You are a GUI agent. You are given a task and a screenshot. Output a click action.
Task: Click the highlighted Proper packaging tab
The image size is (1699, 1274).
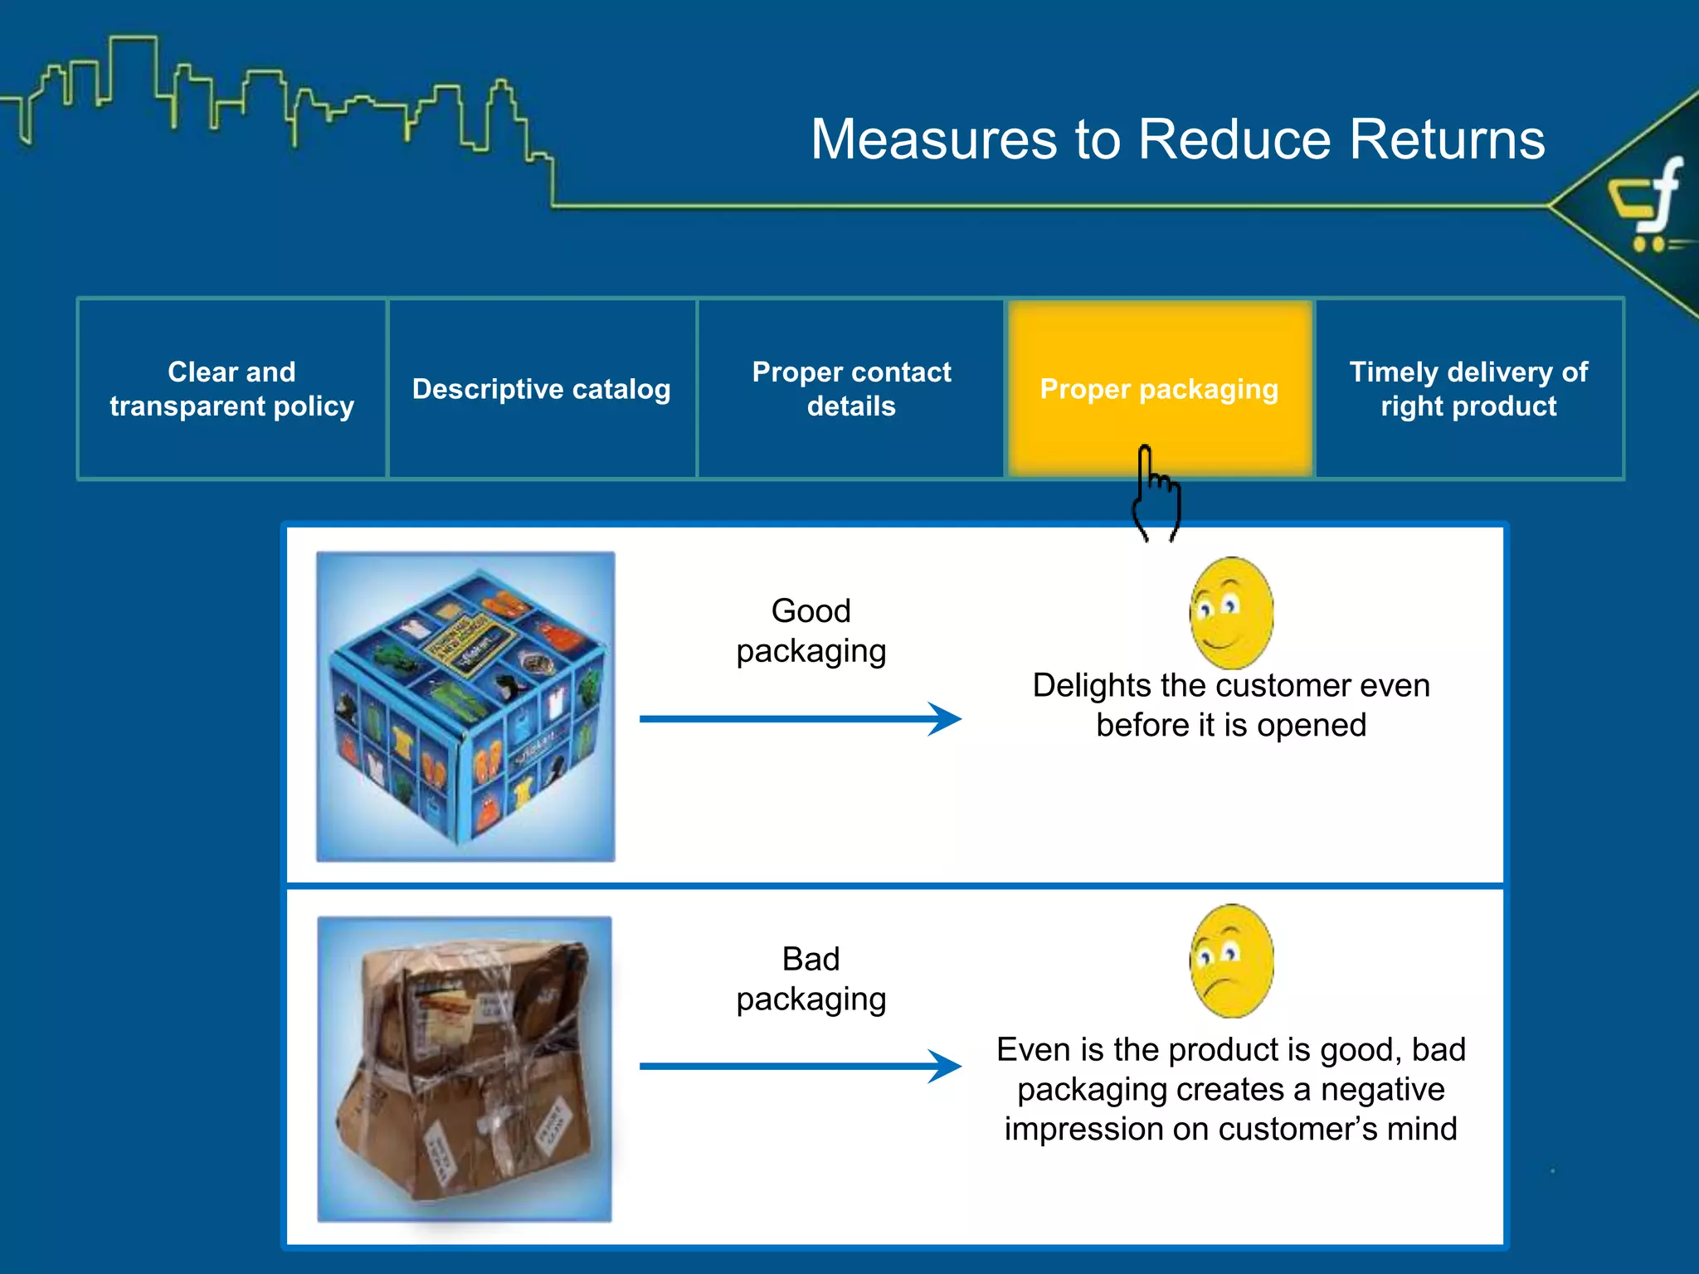(x=1159, y=388)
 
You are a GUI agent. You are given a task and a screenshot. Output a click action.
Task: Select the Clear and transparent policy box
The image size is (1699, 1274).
(x=231, y=388)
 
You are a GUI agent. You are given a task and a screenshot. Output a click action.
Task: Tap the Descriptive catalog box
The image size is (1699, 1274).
(x=541, y=388)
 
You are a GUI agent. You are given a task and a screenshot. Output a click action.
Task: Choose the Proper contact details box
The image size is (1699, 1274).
(x=851, y=388)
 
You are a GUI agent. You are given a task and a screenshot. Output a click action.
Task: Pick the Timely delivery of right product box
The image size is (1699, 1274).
(x=1468, y=388)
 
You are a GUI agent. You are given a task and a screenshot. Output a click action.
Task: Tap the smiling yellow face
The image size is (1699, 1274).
(x=1231, y=612)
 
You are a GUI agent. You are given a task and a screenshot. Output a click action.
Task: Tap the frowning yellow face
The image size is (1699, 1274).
(x=1231, y=960)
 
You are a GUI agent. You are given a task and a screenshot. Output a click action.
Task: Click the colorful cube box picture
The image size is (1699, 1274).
(x=465, y=706)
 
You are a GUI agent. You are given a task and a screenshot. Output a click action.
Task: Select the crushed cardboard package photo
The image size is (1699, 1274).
(x=465, y=1068)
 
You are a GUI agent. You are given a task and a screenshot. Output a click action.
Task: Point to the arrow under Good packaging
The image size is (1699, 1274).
(x=800, y=718)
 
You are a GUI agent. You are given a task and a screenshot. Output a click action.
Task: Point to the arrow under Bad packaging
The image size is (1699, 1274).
(x=800, y=1066)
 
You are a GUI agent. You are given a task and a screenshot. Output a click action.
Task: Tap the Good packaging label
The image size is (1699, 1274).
(x=811, y=630)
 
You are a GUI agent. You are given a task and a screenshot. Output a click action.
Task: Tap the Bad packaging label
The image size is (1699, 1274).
(x=811, y=979)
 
